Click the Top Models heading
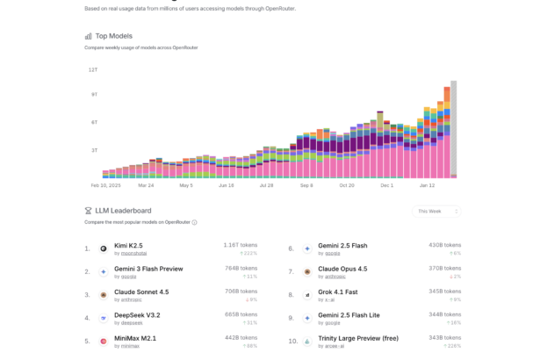(x=113, y=36)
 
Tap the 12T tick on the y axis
(x=92, y=69)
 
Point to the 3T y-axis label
(x=93, y=150)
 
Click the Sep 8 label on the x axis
(x=306, y=185)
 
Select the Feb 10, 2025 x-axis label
(x=104, y=185)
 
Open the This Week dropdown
(x=436, y=211)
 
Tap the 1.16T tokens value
(x=240, y=245)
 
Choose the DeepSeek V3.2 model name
(x=137, y=315)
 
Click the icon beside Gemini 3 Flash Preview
(x=104, y=272)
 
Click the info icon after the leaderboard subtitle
(x=194, y=223)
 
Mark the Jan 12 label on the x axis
(x=428, y=185)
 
